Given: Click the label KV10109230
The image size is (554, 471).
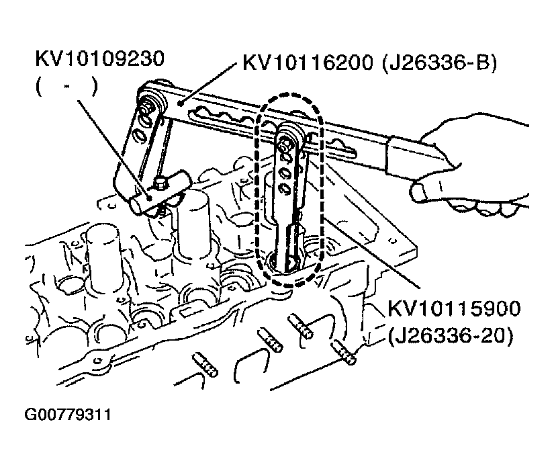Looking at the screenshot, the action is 100,58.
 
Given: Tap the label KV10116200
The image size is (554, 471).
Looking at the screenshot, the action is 308,63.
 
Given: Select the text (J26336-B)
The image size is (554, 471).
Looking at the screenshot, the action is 439,64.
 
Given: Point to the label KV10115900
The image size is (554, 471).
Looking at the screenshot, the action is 454,308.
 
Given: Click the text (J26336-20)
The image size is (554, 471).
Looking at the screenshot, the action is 450,336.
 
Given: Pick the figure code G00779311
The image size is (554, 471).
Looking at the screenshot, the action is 67,415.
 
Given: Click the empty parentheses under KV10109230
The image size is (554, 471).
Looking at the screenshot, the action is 66,87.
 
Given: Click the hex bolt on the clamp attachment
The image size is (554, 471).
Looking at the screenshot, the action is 159,183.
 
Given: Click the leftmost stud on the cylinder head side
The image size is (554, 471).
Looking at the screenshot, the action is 205,365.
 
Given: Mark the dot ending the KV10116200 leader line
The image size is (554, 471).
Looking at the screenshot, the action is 181,103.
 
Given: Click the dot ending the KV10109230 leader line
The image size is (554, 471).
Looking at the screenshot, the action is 150,198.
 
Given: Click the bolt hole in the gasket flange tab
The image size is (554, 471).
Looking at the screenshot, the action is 97,361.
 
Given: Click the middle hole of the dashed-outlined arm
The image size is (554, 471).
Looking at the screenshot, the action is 285,173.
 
